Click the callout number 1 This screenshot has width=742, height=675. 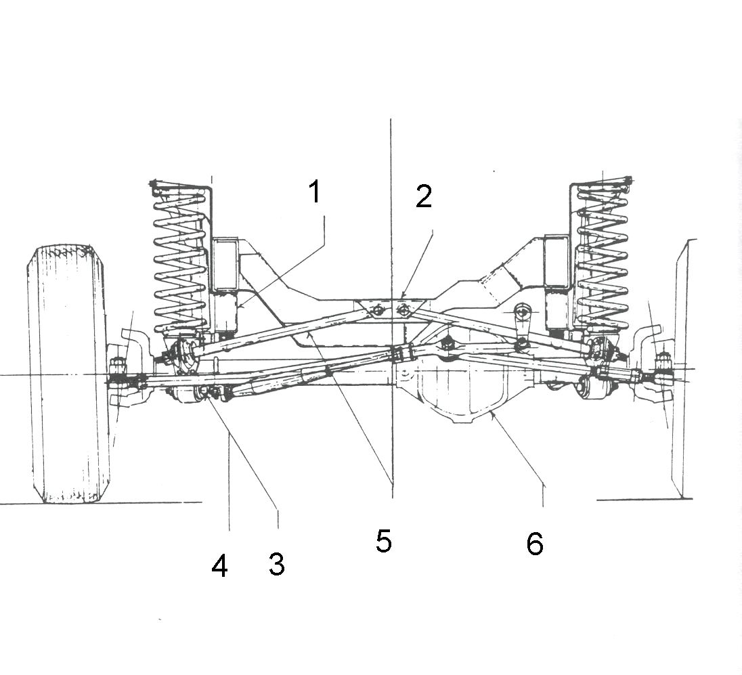(314, 192)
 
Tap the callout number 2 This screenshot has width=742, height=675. (423, 196)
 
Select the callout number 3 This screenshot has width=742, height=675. (276, 564)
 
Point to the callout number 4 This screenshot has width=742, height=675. (219, 566)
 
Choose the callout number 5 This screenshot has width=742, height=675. (384, 542)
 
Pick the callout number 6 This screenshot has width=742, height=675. (535, 544)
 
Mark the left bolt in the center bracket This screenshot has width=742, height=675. (377, 310)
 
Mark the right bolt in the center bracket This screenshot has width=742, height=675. (403, 310)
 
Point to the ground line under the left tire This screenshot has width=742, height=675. (135, 502)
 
